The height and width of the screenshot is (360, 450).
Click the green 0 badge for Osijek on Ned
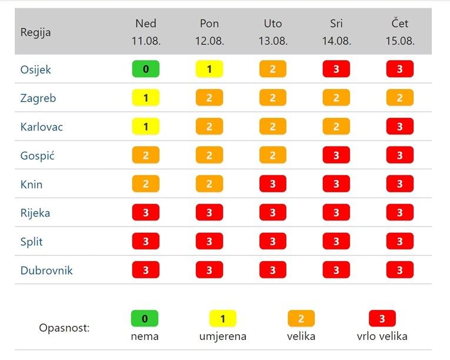pos(146,69)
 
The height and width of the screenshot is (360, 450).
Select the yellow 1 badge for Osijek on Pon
pos(209,69)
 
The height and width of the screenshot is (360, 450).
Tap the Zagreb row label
pos(38,98)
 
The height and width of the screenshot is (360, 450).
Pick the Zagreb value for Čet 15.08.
pos(400,98)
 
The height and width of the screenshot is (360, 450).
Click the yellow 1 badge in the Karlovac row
pos(146,126)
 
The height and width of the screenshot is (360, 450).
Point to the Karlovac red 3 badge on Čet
pos(400,126)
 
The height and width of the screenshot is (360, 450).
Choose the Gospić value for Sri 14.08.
pos(336,155)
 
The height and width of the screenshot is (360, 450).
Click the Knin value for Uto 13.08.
pos(273,184)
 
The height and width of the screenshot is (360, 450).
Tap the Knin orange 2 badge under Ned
pos(146,184)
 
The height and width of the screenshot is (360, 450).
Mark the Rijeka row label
pos(35,213)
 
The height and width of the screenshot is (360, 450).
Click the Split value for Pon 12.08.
pos(209,241)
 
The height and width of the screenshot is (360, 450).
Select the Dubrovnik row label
pos(46,271)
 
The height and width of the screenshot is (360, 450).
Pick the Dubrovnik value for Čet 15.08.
pos(400,270)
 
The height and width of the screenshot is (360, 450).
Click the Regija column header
pos(35,32)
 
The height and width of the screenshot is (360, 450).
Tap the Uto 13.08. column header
pos(273,32)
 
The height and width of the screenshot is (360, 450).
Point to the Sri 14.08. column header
pos(336,32)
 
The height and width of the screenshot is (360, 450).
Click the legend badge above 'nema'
pos(145,318)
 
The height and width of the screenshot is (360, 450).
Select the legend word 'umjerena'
pos(223,336)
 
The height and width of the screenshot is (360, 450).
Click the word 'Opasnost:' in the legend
pos(64,328)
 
